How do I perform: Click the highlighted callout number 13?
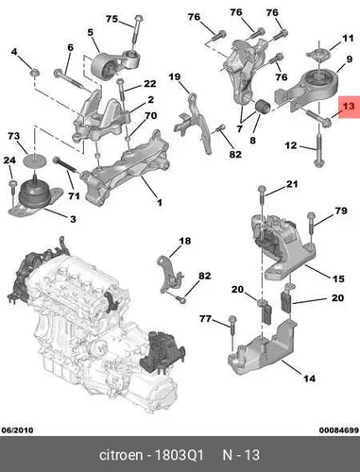(x=349, y=106)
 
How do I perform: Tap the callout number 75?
(x=111, y=19)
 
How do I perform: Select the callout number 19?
(x=175, y=76)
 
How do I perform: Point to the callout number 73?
(x=14, y=136)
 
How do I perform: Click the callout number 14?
(x=309, y=379)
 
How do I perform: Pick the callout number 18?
(x=185, y=241)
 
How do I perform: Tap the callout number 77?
(x=205, y=319)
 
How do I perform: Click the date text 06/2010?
(x=17, y=430)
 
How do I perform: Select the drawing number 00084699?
(x=338, y=430)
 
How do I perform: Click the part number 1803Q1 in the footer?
(x=179, y=455)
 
